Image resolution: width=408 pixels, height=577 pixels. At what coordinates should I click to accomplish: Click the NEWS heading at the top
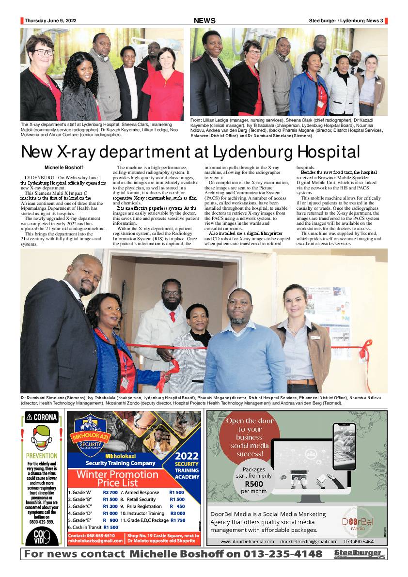(204, 21)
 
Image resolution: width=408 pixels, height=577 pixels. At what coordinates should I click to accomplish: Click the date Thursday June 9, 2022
(50, 21)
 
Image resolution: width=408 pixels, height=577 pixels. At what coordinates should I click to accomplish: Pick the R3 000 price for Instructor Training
(177, 513)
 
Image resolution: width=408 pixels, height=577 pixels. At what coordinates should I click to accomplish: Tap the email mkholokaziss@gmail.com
(95, 540)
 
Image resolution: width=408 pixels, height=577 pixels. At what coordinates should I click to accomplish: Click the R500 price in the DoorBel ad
(254, 483)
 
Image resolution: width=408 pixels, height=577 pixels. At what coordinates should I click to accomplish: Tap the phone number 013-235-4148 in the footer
(282, 554)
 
